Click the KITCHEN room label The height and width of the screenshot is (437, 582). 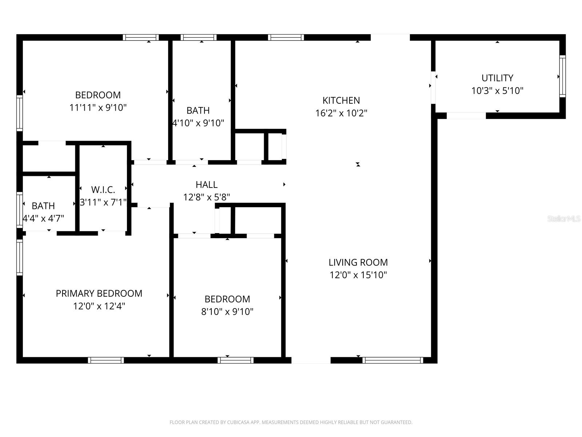(x=341, y=101)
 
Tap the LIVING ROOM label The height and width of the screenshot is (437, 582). (x=358, y=262)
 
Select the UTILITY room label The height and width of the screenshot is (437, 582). (x=497, y=78)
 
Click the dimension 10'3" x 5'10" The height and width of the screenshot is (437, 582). (x=497, y=91)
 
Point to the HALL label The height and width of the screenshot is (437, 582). (x=206, y=185)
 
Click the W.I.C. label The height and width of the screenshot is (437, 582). (x=103, y=190)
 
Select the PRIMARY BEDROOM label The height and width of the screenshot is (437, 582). (x=99, y=294)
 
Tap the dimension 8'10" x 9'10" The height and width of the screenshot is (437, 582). (x=227, y=312)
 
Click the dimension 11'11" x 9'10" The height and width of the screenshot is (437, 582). (x=98, y=108)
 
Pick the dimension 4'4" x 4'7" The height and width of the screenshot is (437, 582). (x=43, y=219)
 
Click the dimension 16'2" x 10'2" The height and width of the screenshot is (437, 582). (x=341, y=113)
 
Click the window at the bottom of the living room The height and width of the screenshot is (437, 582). (x=393, y=360)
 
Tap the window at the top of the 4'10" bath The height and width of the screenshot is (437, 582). (x=199, y=37)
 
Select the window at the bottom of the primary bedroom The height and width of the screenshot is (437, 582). (x=106, y=360)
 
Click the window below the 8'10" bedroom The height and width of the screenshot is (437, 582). (x=235, y=360)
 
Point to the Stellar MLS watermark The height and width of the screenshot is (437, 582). (x=564, y=219)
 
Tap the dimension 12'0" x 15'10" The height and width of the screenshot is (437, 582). (x=358, y=275)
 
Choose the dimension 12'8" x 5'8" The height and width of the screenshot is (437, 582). (x=206, y=197)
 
